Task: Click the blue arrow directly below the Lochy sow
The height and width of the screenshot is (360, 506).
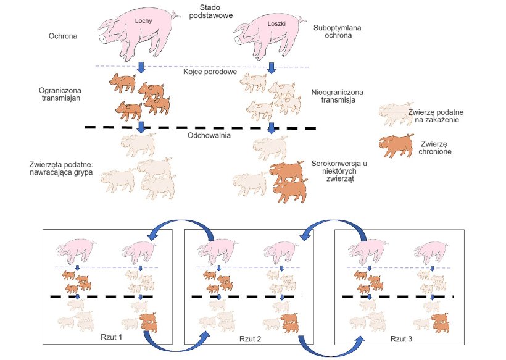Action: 141,67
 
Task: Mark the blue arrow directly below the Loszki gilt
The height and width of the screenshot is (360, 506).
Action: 270,67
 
